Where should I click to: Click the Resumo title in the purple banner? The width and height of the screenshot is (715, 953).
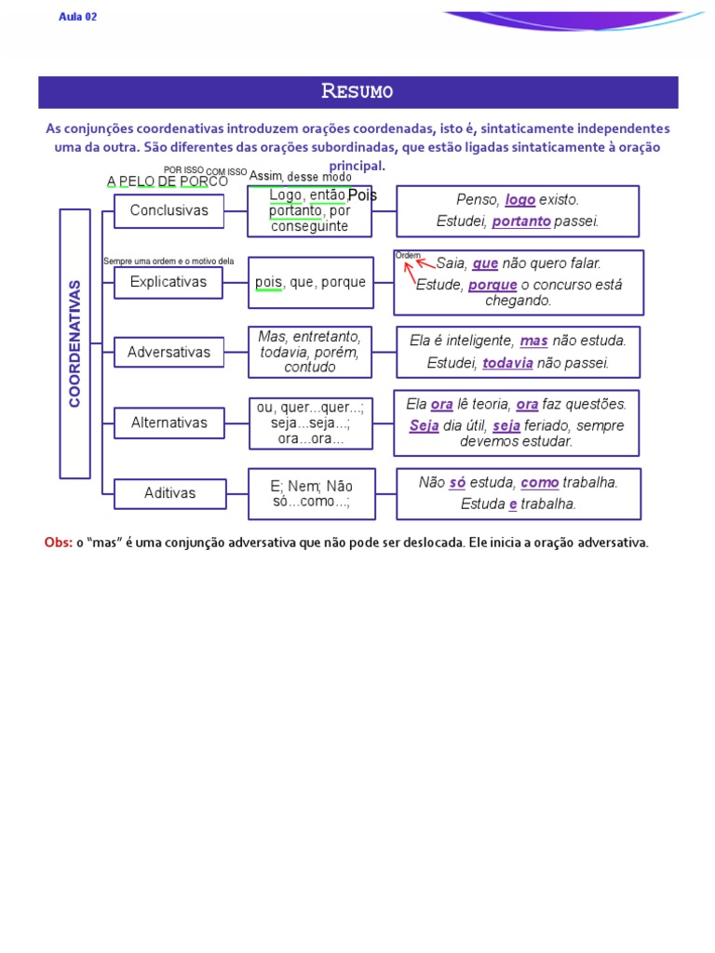click(x=357, y=91)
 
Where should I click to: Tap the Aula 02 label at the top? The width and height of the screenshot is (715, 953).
click(x=78, y=17)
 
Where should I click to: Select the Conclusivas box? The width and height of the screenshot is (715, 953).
click(x=169, y=211)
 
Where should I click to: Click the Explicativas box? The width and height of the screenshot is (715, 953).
click(x=169, y=282)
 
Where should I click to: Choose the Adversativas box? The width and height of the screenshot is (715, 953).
click(x=169, y=353)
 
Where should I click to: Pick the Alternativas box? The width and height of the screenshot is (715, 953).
click(x=169, y=423)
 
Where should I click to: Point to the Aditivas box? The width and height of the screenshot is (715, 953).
click(x=169, y=493)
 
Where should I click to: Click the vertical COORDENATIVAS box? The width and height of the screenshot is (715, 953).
click(x=75, y=343)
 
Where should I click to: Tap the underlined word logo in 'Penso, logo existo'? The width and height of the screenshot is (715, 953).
click(x=520, y=200)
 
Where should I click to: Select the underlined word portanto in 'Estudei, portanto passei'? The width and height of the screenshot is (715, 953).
click(x=521, y=221)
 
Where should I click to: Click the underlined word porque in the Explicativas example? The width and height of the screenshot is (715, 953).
click(x=492, y=285)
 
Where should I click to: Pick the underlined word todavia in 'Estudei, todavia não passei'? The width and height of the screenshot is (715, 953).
click(x=507, y=363)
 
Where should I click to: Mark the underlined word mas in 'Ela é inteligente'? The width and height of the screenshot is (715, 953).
click(x=533, y=341)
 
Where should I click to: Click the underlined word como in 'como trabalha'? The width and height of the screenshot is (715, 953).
click(x=540, y=482)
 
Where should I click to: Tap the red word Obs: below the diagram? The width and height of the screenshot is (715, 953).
click(x=58, y=543)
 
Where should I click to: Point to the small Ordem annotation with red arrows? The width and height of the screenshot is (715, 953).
click(x=408, y=255)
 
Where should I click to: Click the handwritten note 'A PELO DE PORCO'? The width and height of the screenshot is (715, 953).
click(x=168, y=181)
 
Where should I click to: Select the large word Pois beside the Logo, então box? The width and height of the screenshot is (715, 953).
click(x=362, y=195)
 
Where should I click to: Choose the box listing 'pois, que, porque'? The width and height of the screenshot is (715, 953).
click(x=310, y=282)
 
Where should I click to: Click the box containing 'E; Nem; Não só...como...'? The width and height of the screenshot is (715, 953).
click(x=312, y=494)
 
